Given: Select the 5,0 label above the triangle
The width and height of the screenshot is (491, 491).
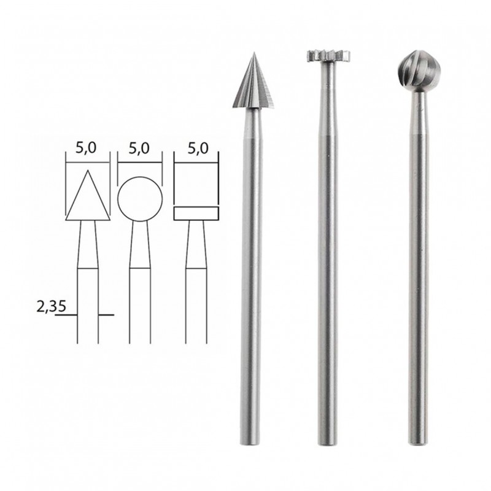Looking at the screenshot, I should (x=88, y=148).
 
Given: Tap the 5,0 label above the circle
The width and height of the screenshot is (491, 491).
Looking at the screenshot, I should (x=140, y=148).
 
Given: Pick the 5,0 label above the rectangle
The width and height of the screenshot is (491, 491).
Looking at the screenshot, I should (x=196, y=148).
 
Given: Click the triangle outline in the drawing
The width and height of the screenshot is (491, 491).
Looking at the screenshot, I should (x=88, y=196).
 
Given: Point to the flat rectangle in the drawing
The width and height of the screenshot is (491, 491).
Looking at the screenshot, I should (x=196, y=214).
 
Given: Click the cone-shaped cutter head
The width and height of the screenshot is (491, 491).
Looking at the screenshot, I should (x=252, y=86).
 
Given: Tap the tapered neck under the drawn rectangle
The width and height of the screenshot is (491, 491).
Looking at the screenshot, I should (x=196, y=242).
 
